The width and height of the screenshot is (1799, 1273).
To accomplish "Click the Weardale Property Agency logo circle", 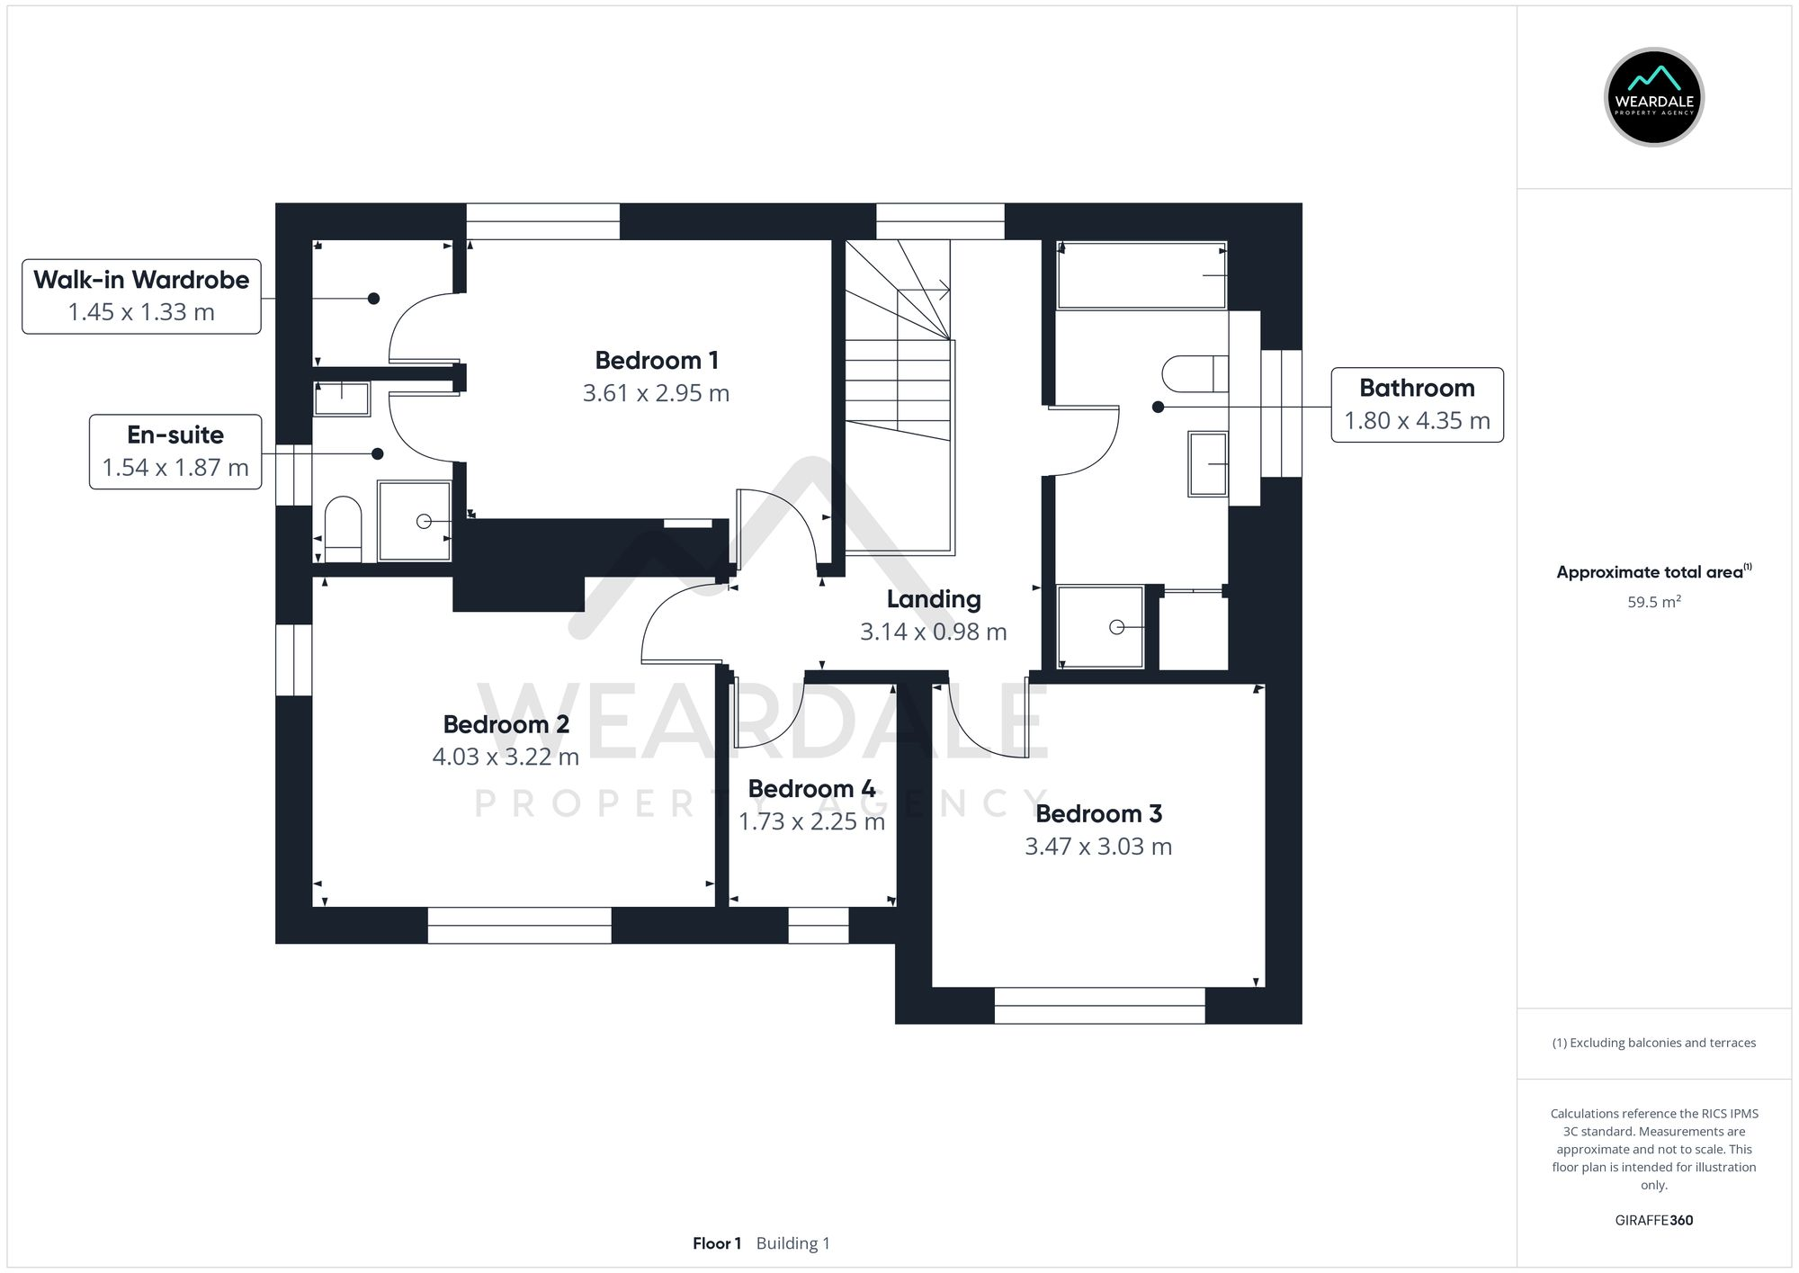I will (1653, 97).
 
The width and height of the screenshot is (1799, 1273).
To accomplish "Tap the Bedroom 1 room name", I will (656, 361).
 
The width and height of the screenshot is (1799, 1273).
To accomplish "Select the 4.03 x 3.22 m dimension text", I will (505, 757).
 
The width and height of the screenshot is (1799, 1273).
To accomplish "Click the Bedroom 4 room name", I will (811, 789).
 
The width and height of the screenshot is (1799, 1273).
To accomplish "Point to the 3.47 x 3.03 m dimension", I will (1097, 847).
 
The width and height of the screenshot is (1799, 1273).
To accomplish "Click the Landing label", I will (933, 599).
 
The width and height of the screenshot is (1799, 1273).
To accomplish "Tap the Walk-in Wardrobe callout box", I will (141, 296).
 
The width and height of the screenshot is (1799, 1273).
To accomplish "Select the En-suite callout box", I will (175, 452).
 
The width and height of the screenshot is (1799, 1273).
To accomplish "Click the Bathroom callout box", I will (1417, 405).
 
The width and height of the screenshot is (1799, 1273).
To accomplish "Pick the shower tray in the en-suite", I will (414, 521).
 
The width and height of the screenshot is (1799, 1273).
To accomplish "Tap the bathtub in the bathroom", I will (1141, 275).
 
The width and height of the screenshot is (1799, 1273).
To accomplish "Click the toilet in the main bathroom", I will (1195, 374).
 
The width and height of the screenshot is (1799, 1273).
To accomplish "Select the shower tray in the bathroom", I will (1100, 627).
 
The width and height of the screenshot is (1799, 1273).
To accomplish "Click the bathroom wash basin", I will (1207, 464).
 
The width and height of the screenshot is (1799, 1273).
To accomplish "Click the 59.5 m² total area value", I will (1653, 602).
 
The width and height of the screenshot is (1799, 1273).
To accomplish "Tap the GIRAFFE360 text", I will (1653, 1220).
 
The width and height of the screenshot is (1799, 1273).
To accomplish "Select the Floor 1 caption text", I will (717, 1243).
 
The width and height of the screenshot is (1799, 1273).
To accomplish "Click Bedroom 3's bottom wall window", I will (1098, 1005).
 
